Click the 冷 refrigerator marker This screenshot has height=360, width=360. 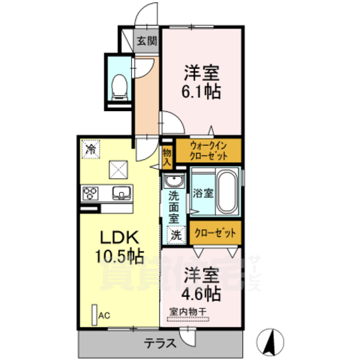90,149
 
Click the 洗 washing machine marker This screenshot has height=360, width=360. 175,235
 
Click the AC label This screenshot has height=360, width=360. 103,316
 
